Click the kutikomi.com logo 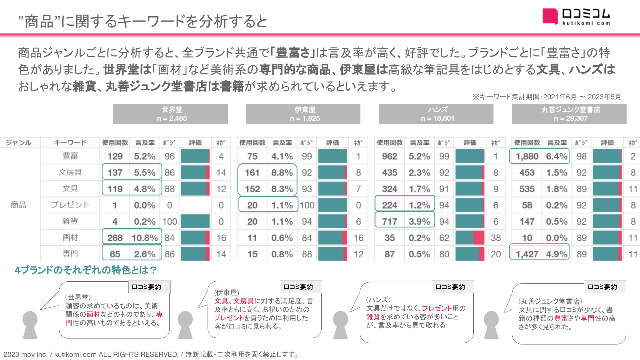(576, 17)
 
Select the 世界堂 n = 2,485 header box (170, 114)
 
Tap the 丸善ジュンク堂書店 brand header (569, 114)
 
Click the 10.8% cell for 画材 (145, 238)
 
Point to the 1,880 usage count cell (527, 156)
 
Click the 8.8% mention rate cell (282, 173)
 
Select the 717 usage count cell (389, 222)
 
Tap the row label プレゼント (70, 205)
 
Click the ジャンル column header (18, 143)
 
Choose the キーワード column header (70, 143)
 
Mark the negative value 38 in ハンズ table (496, 238)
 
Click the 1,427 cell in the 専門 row (527, 254)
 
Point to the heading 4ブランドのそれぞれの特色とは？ (85, 270)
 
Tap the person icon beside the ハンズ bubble (340, 325)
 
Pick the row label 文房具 (70, 173)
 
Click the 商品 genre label (18, 205)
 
